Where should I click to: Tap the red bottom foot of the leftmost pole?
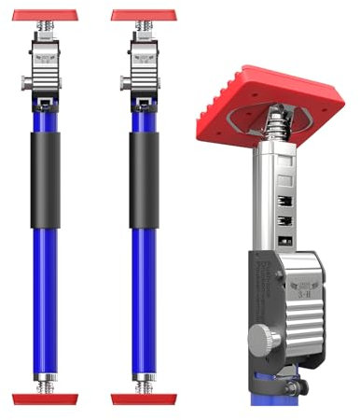44,399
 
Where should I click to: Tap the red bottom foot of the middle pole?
143,399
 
